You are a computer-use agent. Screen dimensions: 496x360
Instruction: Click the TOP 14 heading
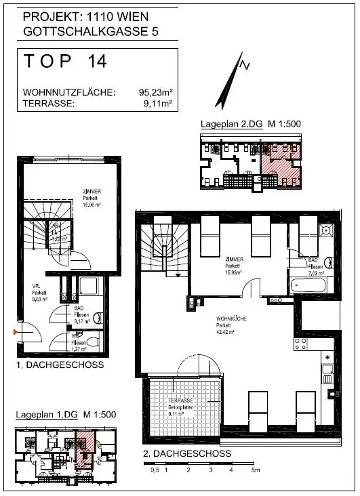[x=65, y=62]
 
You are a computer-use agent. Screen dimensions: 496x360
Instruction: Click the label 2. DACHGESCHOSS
[x=186, y=453]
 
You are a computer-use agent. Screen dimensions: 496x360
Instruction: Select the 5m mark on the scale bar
[x=254, y=469]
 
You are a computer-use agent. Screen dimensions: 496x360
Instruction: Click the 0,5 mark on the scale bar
[x=155, y=469]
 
